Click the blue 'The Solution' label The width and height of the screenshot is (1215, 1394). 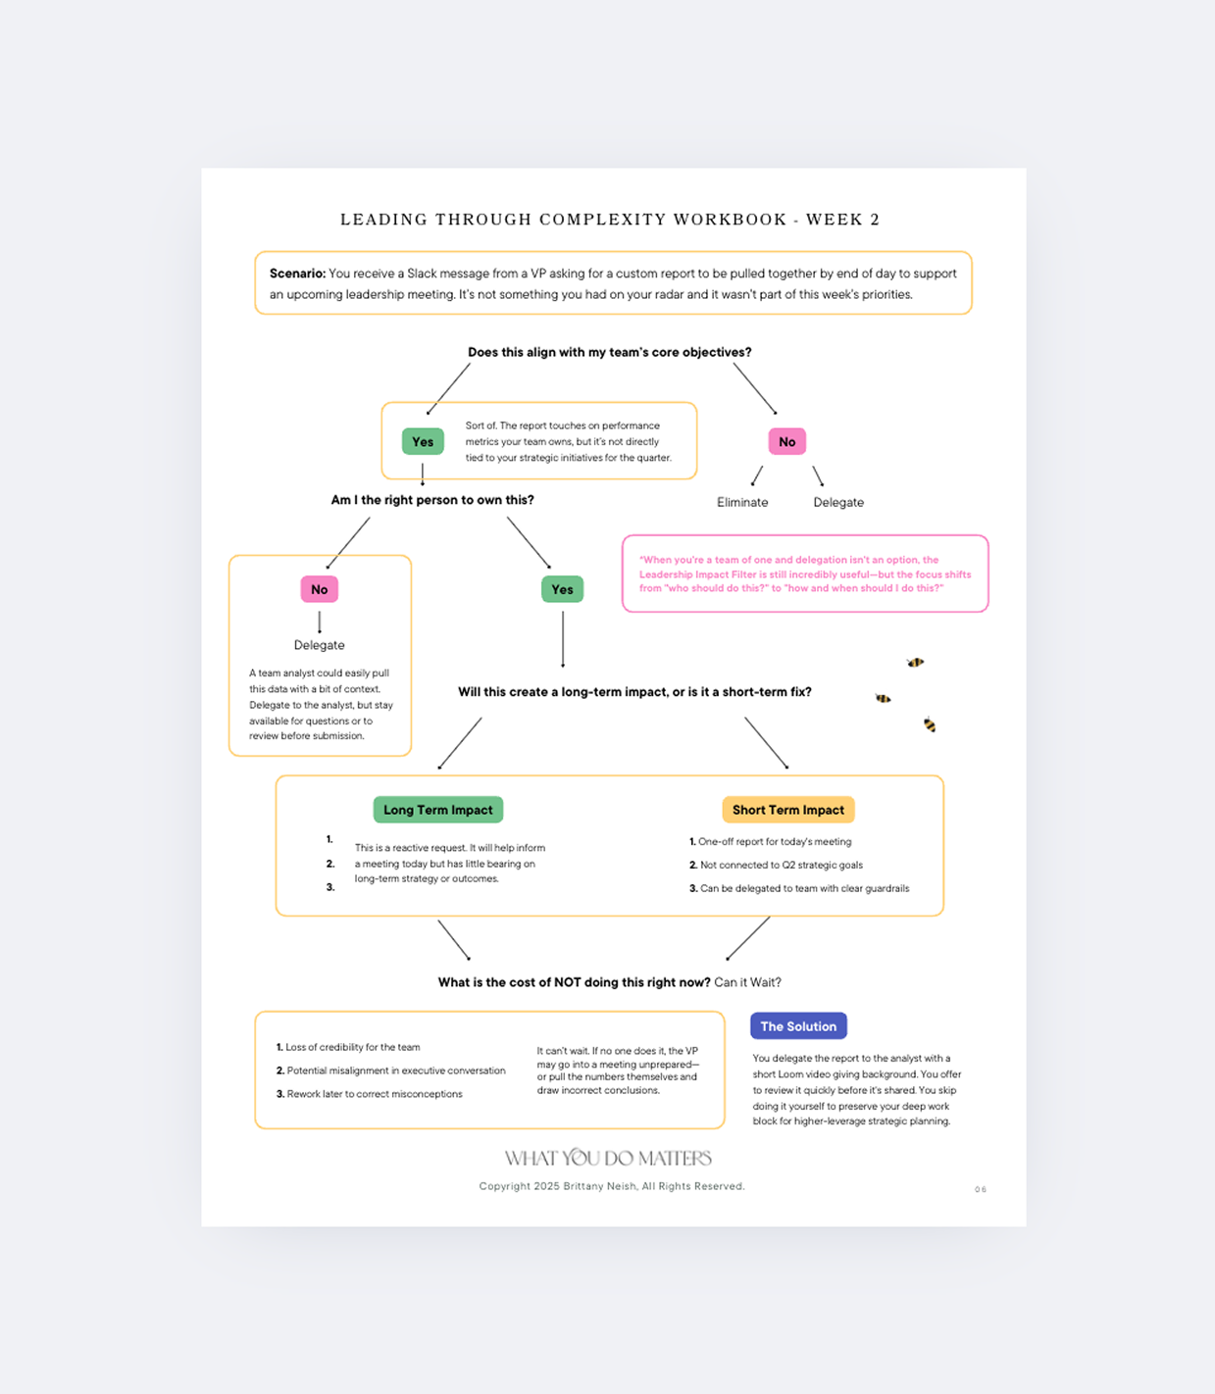coord(798,1026)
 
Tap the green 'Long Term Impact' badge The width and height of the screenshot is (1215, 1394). coord(438,810)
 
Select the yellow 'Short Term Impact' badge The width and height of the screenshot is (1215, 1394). coord(788,810)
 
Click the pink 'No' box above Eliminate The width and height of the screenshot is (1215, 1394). coord(786,442)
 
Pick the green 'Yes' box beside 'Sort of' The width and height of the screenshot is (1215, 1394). coord(423,442)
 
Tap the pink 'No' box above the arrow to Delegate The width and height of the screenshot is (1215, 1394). coord(320,589)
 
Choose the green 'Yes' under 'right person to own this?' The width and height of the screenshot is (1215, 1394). coord(562,589)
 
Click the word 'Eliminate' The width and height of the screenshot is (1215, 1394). coord(742,502)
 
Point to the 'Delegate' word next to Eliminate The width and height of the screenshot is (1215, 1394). coord(838,502)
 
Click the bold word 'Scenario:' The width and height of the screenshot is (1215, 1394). coord(297,274)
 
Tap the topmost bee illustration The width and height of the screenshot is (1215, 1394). coord(915,663)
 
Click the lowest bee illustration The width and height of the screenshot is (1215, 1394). coord(930,725)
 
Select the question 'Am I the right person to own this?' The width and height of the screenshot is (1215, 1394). coord(432,500)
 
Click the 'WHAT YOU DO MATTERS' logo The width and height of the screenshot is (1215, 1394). coord(608,1159)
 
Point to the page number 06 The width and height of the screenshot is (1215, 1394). coord(981,1189)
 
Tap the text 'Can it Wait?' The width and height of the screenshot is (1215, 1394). coord(747,982)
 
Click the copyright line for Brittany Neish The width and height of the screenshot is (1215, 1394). coord(612,1186)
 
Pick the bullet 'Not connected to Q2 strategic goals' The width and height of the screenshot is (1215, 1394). coord(781,865)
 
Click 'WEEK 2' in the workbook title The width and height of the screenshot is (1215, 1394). coord(842,220)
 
